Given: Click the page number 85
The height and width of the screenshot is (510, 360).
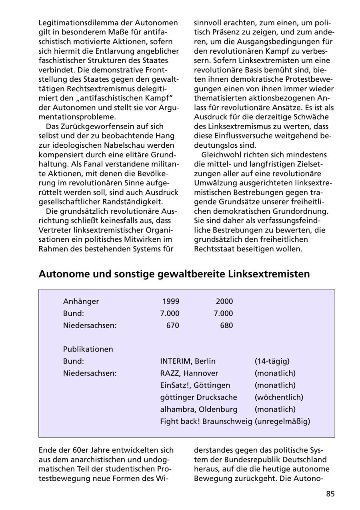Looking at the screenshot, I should [x=330, y=494].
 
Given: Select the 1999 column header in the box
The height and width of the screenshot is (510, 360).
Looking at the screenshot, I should [x=171, y=301].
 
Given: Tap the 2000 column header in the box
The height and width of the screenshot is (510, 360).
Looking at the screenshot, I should [x=224, y=301].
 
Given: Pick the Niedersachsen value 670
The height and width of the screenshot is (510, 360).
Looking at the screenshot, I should [x=173, y=325].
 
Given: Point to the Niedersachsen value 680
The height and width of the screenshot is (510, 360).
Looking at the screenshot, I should [x=226, y=325].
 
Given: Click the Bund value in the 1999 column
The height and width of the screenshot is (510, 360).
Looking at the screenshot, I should [x=170, y=313].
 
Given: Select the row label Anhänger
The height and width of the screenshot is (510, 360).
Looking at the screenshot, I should [x=81, y=301].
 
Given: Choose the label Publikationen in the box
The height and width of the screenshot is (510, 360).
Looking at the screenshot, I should [x=88, y=349].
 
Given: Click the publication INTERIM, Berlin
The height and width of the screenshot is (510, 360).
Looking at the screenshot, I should [x=188, y=361].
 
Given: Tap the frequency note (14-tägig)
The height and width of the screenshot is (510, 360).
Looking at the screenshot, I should [x=272, y=361].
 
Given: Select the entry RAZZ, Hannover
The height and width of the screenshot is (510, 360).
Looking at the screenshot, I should [x=189, y=373].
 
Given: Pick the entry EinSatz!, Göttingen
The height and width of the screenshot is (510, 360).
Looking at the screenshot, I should [x=195, y=386].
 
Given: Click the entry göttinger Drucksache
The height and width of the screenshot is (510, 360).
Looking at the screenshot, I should [x=198, y=398].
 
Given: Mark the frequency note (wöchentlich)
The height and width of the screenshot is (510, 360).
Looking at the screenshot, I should [x=279, y=398].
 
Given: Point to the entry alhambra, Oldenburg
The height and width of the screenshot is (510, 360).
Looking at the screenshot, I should [x=198, y=410].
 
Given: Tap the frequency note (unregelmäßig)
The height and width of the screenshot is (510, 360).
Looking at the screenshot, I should [x=282, y=422].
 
